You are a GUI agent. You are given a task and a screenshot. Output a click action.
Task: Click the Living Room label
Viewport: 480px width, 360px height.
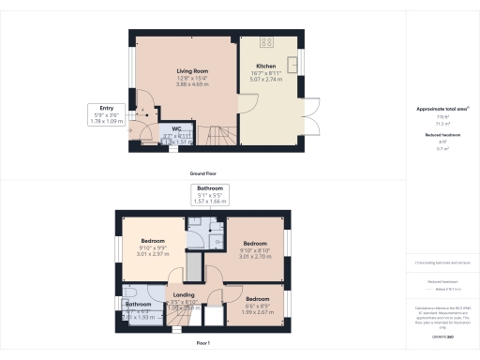185,71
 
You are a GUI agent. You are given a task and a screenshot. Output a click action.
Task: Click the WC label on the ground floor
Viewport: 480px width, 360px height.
175,129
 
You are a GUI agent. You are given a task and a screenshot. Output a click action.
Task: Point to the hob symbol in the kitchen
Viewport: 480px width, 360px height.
265,42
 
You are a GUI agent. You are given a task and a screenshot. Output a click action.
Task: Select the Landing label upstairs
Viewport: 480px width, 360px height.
184,295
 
